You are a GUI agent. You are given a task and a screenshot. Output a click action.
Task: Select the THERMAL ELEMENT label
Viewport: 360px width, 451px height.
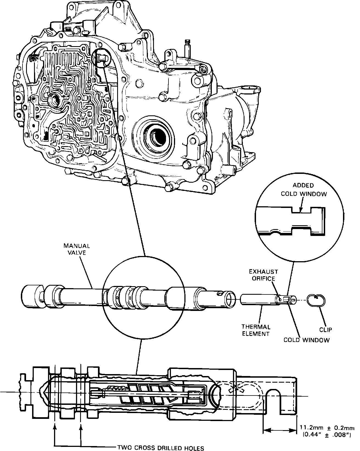tap(255, 330)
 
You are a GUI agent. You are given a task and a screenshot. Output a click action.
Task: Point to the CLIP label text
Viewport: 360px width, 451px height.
tap(326, 330)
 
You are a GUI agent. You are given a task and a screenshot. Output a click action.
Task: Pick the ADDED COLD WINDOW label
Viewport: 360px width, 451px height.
tap(303, 190)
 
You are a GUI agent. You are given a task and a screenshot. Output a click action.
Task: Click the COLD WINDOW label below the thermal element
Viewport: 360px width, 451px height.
tap(306, 340)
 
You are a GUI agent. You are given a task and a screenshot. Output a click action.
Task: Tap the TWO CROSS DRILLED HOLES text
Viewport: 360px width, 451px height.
tap(161, 448)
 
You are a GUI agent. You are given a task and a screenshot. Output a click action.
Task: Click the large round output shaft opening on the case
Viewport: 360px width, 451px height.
tap(154, 135)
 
